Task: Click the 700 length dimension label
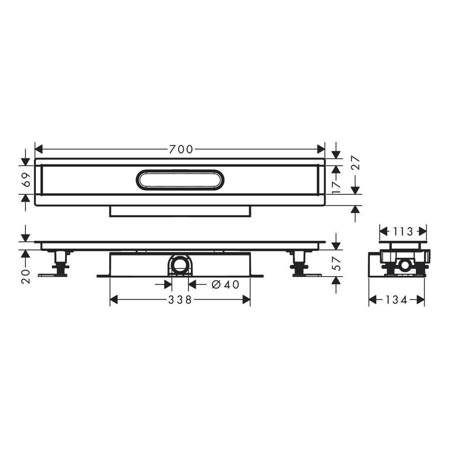click(x=181, y=149)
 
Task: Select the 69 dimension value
click(x=26, y=180)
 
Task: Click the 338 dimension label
click(x=180, y=300)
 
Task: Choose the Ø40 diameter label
click(x=225, y=284)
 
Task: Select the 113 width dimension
click(x=403, y=231)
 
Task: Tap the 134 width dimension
click(x=396, y=300)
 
